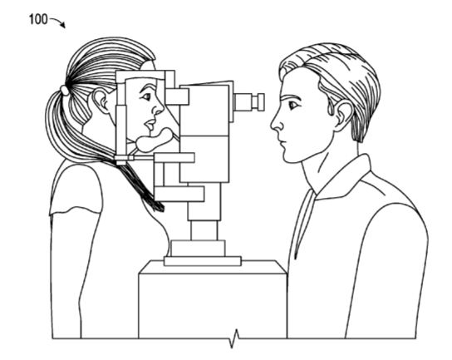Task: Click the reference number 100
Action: [38, 19]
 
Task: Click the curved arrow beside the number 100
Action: [58, 21]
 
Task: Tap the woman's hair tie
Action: [64, 90]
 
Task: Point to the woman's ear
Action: [101, 101]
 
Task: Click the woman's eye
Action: [146, 96]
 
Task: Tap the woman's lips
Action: [150, 125]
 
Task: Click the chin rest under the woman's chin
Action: [154, 141]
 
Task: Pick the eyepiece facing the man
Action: [248, 101]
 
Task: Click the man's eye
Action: [293, 105]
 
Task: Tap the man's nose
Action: [277, 122]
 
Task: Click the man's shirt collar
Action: [340, 179]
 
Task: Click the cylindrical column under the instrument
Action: [204, 230]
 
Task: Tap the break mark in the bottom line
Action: [234, 338]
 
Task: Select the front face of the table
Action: [213, 306]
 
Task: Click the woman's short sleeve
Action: [77, 188]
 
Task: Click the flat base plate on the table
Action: [203, 261]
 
